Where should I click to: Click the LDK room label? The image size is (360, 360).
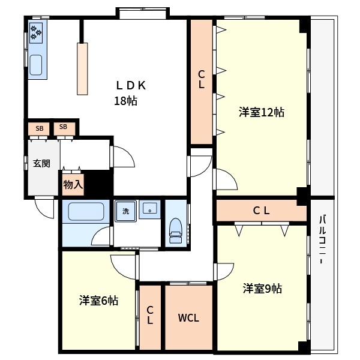pos(131,86)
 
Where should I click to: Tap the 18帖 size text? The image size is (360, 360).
pos(126,101)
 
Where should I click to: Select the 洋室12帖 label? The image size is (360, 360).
pos(262,112)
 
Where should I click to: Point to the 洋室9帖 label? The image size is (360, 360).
pos(262,289)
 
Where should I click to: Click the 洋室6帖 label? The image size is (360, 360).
pos(99,301)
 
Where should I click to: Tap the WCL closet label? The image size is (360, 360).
pos(188,318)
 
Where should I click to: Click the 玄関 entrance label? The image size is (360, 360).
pos(41,163)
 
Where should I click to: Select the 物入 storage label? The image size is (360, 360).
pos(73,185)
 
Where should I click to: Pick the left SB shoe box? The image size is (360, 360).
pos(39,128)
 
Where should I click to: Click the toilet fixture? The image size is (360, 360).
pos(176,230)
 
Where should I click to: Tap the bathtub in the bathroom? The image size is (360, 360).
pos(86,212)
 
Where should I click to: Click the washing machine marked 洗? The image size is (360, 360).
pos(125,211)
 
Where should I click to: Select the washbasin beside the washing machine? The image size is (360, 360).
pos(149,210)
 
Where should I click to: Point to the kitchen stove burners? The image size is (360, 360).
pos(36,32)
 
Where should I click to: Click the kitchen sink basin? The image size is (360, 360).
pos(36,65)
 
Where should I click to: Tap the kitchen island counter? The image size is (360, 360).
pos(82,68)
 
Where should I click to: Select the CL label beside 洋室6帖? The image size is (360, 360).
pos(150,315)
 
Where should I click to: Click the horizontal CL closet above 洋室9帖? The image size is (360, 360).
pos(262,211)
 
